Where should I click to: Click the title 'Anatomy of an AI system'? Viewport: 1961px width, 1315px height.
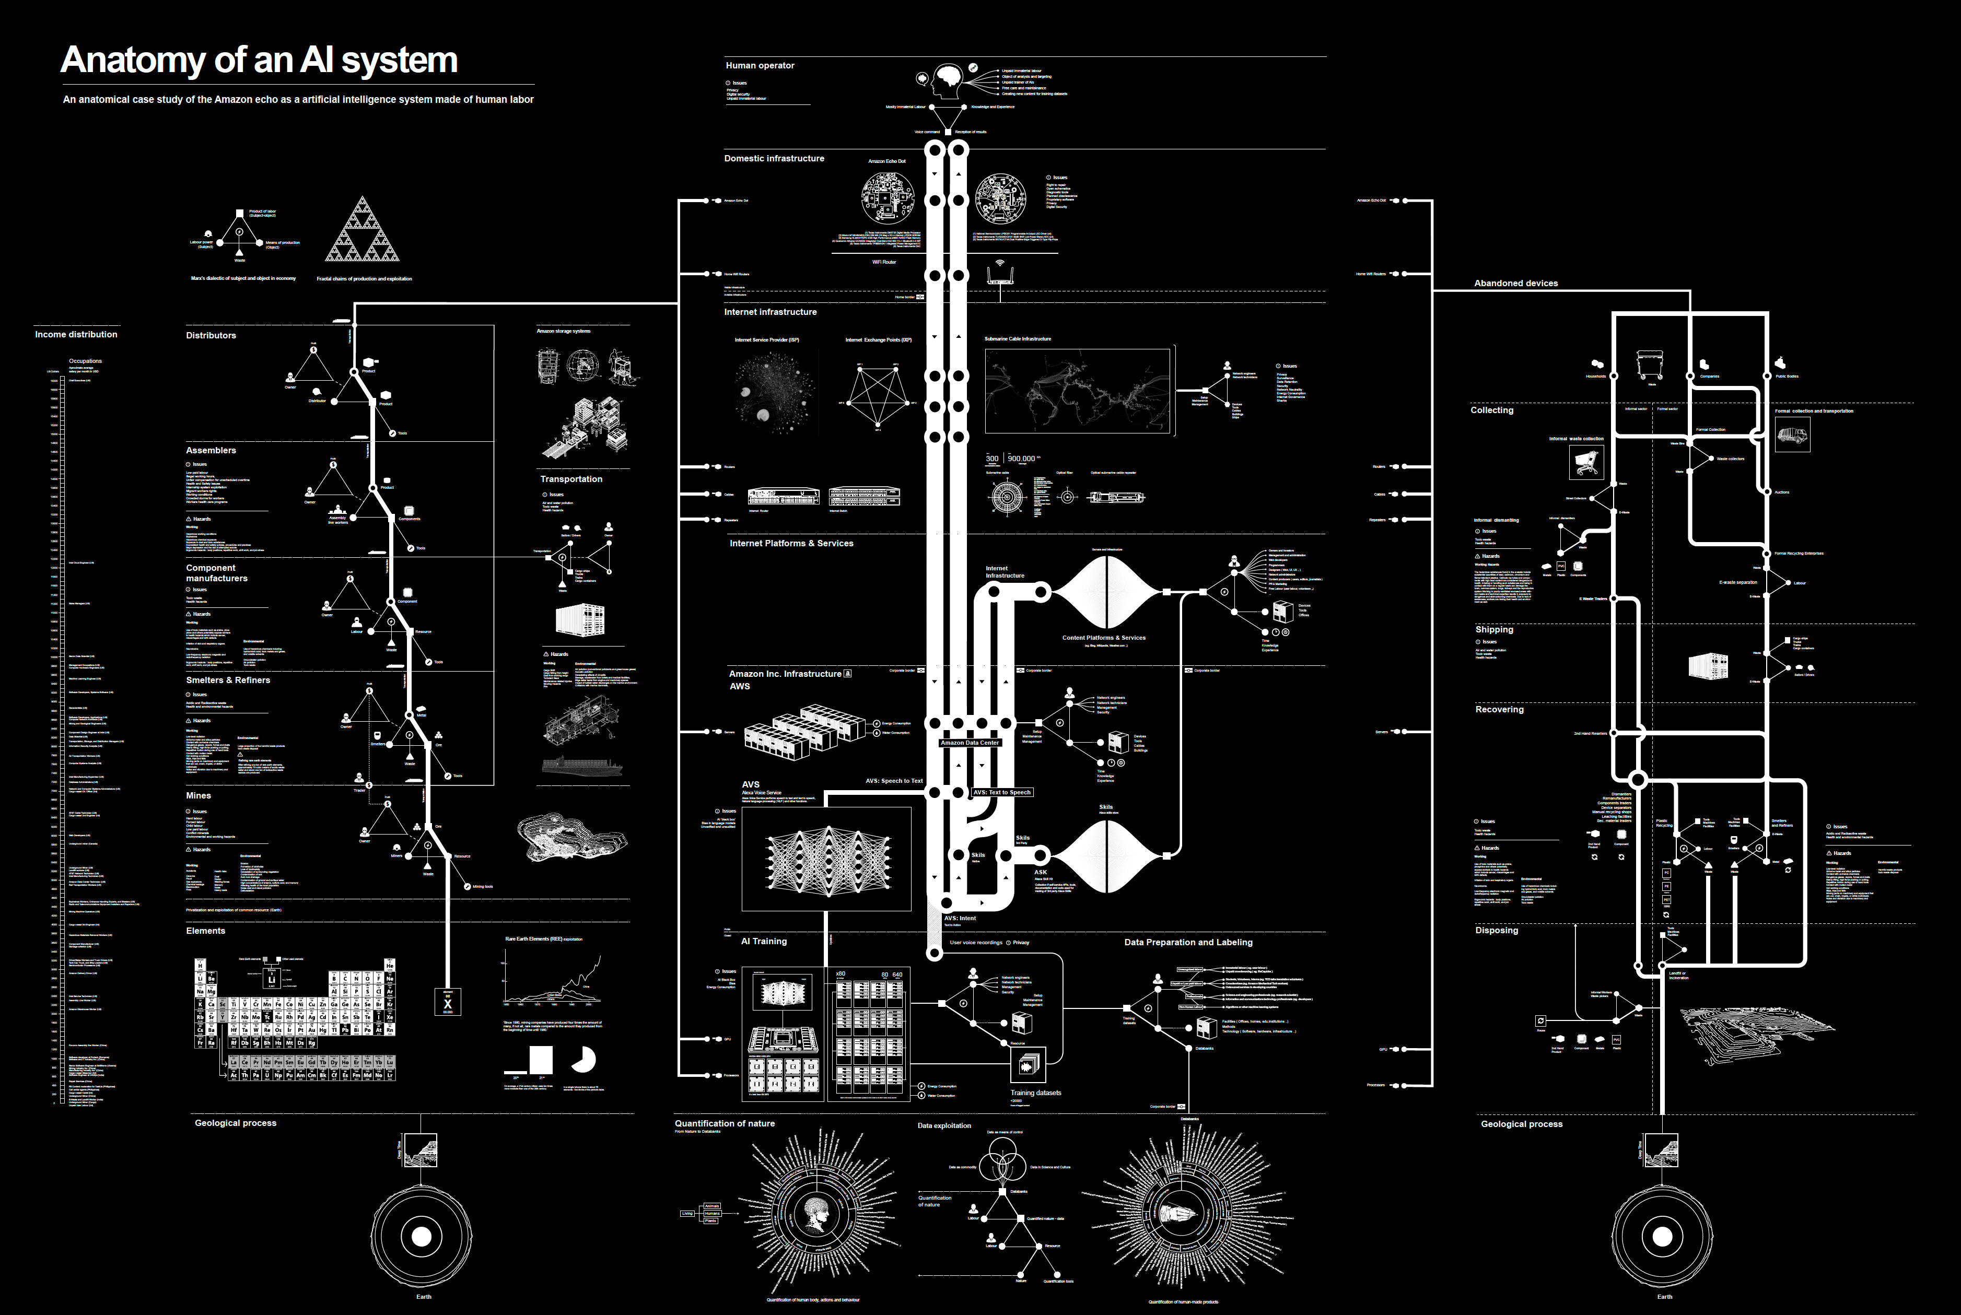click(x=259, y=61)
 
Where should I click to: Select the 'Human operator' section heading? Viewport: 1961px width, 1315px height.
click(x=759, y=65)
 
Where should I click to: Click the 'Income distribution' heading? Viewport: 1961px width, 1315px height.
click(x=76, y=335)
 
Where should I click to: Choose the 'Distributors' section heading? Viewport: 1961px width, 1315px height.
click(x=211, y=335)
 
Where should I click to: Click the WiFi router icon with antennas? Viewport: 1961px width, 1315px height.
click(x=999, y=274)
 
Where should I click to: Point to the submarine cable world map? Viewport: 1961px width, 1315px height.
click(x=1077, y=391)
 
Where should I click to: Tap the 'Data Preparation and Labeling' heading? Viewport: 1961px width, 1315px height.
click(x=1188, y=943)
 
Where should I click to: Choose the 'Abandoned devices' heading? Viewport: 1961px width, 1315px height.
click(x=1515, y=284)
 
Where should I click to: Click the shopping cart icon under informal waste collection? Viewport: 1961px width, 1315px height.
click(x=1586, y=461)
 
